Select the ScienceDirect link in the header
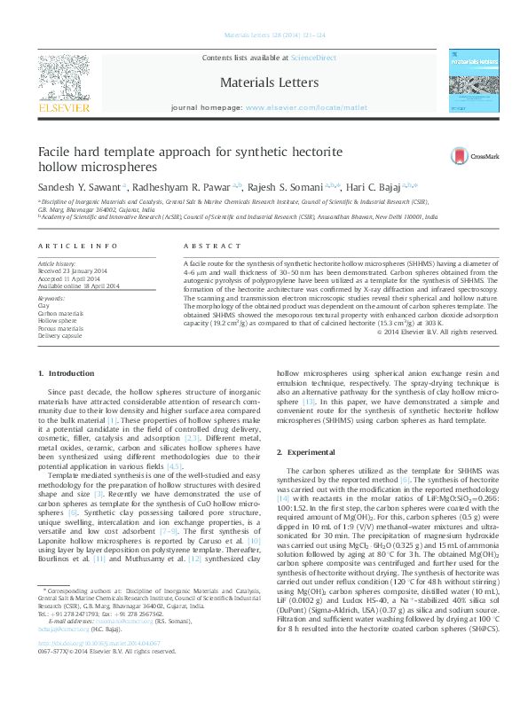(314, 57)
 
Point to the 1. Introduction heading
(65, 375)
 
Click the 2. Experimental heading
(302, 452)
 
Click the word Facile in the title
(55, 153)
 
